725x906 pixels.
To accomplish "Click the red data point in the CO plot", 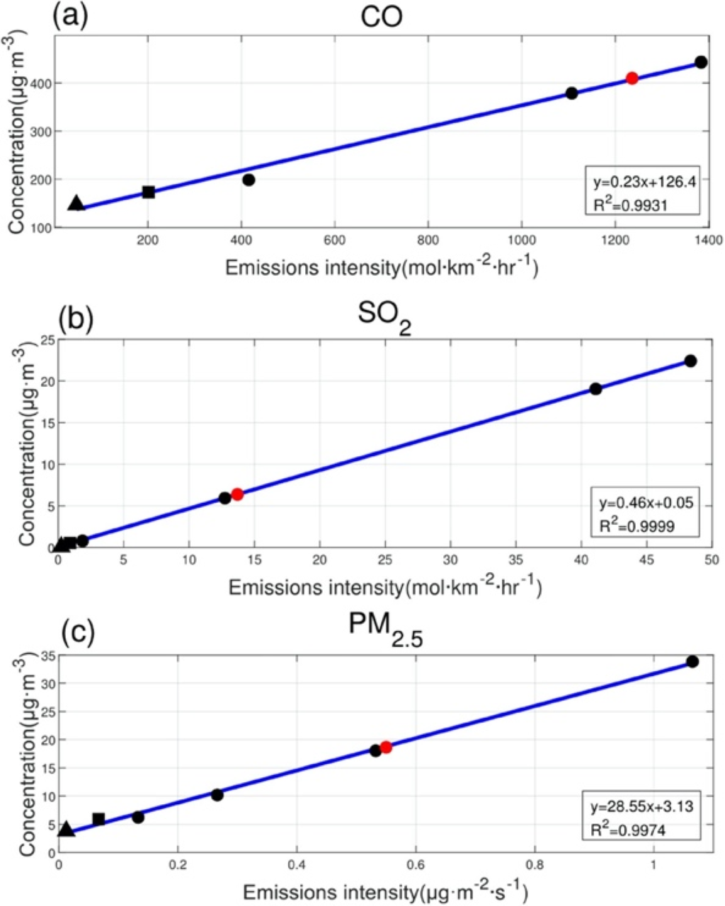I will (x=632, y=78).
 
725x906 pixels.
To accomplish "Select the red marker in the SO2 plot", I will (x=237, y=494).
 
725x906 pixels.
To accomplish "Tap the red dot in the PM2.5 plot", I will (x=386, y=748).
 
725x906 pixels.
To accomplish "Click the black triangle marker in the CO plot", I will (x=76, y=204).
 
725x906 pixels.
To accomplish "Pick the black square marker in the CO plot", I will (x=149, y=192).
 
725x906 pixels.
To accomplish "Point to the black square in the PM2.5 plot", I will (x=98, y=819).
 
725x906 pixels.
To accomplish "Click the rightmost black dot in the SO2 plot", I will (x=690, y=361).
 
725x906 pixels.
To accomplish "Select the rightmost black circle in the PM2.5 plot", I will (x=692, y=661).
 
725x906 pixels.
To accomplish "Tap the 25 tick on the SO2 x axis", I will (x=385, y=561).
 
